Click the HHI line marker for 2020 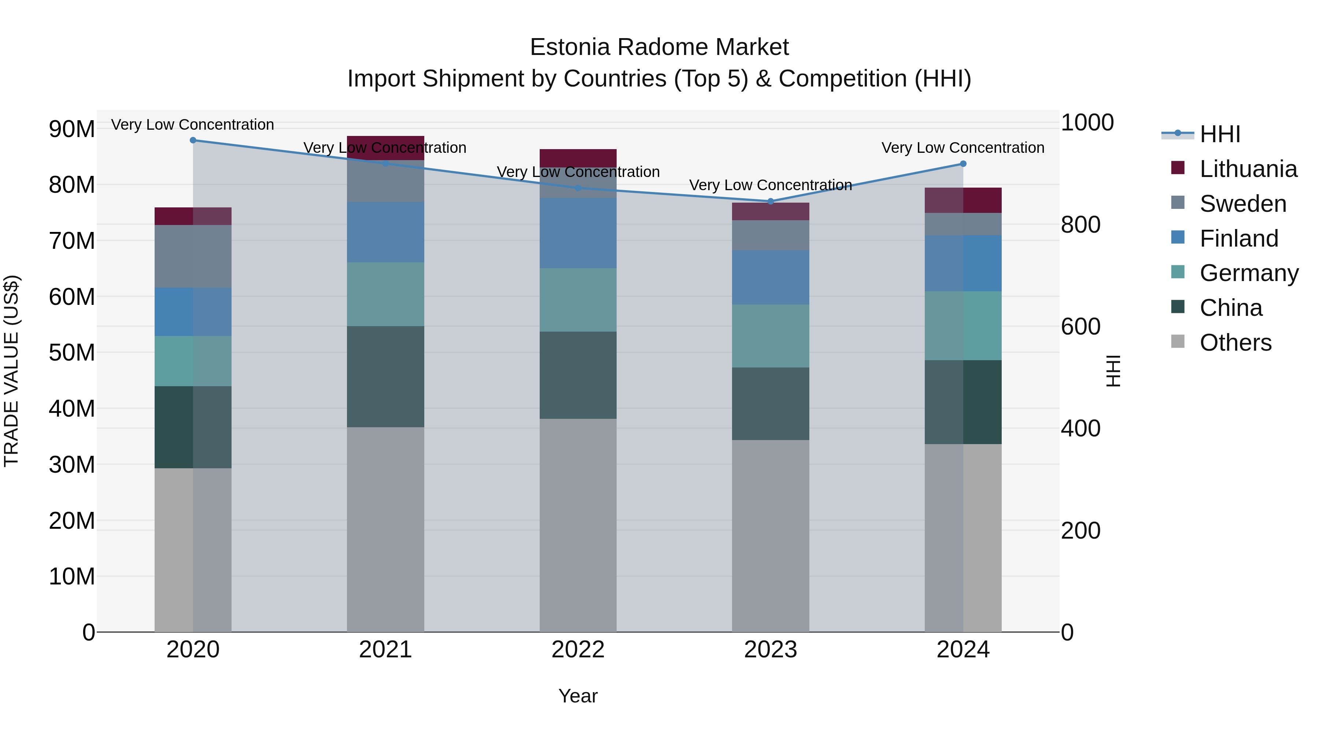pos(193,140)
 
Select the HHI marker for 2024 pos(963,164)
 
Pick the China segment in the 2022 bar pos(578,375)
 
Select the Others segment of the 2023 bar pos(771,536)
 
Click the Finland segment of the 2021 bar pos(385,232)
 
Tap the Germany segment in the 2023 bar pos(771,336)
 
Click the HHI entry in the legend pos(1220,134)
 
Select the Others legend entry pos(1235,343)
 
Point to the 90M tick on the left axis pos(72,129)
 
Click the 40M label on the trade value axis pos(72,409)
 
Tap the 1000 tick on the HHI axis pos(1087,123)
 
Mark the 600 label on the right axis pos(1080,327)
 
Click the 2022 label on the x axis pos(578,650)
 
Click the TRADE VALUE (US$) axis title pos(11,371)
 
